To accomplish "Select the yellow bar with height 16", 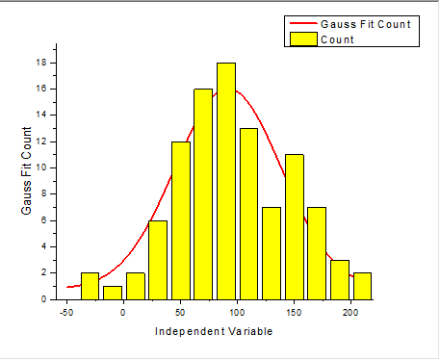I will click(x=203, y=193).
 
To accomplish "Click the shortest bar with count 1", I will click(x=113, y=293).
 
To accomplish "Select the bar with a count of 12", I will click(x=181, y=220).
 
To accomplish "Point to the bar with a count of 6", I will click(x=158, y=260).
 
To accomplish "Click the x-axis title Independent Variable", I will click(x=214, y=332).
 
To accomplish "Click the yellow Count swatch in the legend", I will click(x=302, y=39).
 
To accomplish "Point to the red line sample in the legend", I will click(x=302, y=23).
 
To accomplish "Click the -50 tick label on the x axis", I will click(x=66, y=312).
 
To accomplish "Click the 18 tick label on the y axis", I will click(x=42, y=63).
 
